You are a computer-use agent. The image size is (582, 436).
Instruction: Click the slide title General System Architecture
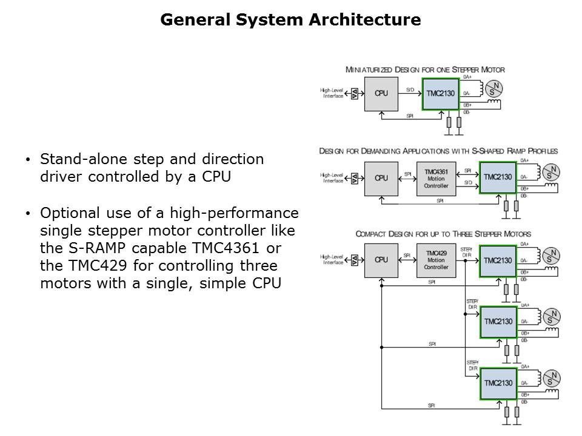pyautogui.click(x=290, y=20)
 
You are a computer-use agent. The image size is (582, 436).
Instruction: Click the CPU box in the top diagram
pyautogui.click(x=381, y=94)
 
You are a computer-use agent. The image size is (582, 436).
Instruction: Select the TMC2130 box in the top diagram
pyautogui.click(x=440, y=94)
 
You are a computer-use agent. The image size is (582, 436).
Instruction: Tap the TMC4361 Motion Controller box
pyautogui.click(x=436, y=178)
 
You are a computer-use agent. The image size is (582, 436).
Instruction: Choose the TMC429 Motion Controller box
pyautogui.click(x=436, y=260)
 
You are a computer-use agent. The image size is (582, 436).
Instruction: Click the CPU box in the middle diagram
pyautogui.click(x=381, y=178)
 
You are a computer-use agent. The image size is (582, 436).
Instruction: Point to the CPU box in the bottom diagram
pyautogui.click(x=381, y=260)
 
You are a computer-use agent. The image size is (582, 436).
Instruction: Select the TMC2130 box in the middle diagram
pyautogui.click(x=498, y=177)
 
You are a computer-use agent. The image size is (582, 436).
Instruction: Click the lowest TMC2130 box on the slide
pyautogui.click(x=498, y=383)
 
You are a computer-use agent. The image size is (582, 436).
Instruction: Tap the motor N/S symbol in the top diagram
pyautogui.click(x=495, y=88)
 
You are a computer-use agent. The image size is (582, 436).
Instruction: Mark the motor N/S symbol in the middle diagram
pyautogui.click(x=551, y=172)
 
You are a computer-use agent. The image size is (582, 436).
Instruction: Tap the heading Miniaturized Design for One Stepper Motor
pyautogui.click(x=424, y=70)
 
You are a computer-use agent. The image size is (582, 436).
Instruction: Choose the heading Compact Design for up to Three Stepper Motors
pyautogui.click(x=443, y=234)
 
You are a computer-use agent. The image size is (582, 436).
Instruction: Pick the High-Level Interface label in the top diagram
pyautogui.click(x=332, y=94)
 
